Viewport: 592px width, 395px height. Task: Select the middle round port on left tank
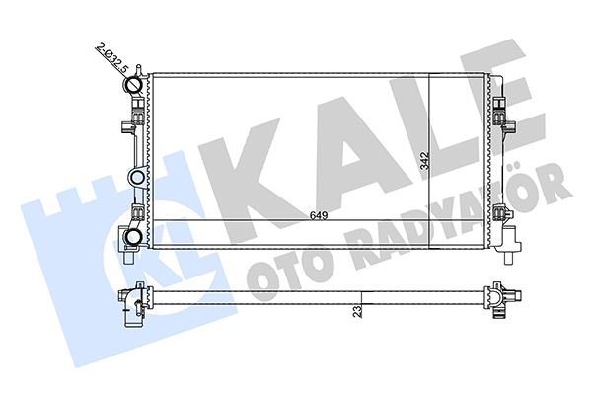point(137,178)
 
